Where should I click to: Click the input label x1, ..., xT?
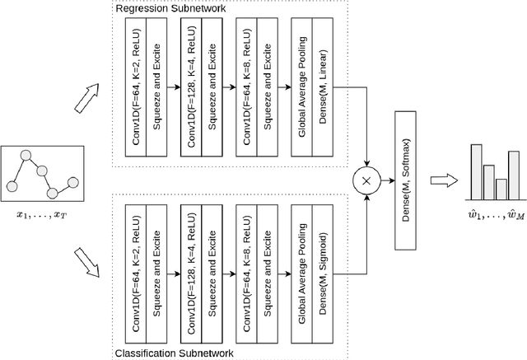43,216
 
